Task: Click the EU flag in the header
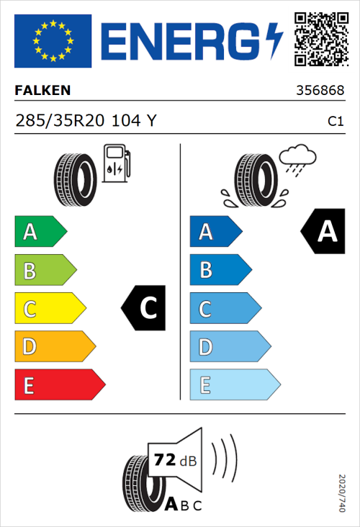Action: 53,41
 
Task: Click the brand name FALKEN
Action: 43,91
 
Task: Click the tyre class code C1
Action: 335,122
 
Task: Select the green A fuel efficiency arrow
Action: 40,232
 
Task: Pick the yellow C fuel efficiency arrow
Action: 49,309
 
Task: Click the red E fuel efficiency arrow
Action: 59,385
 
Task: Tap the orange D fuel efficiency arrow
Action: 54,347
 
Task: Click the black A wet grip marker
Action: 325,232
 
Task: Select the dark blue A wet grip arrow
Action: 215,232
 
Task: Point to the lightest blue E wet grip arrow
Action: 234,385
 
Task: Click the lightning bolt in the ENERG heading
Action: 275,41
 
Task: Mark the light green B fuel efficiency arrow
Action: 45,271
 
